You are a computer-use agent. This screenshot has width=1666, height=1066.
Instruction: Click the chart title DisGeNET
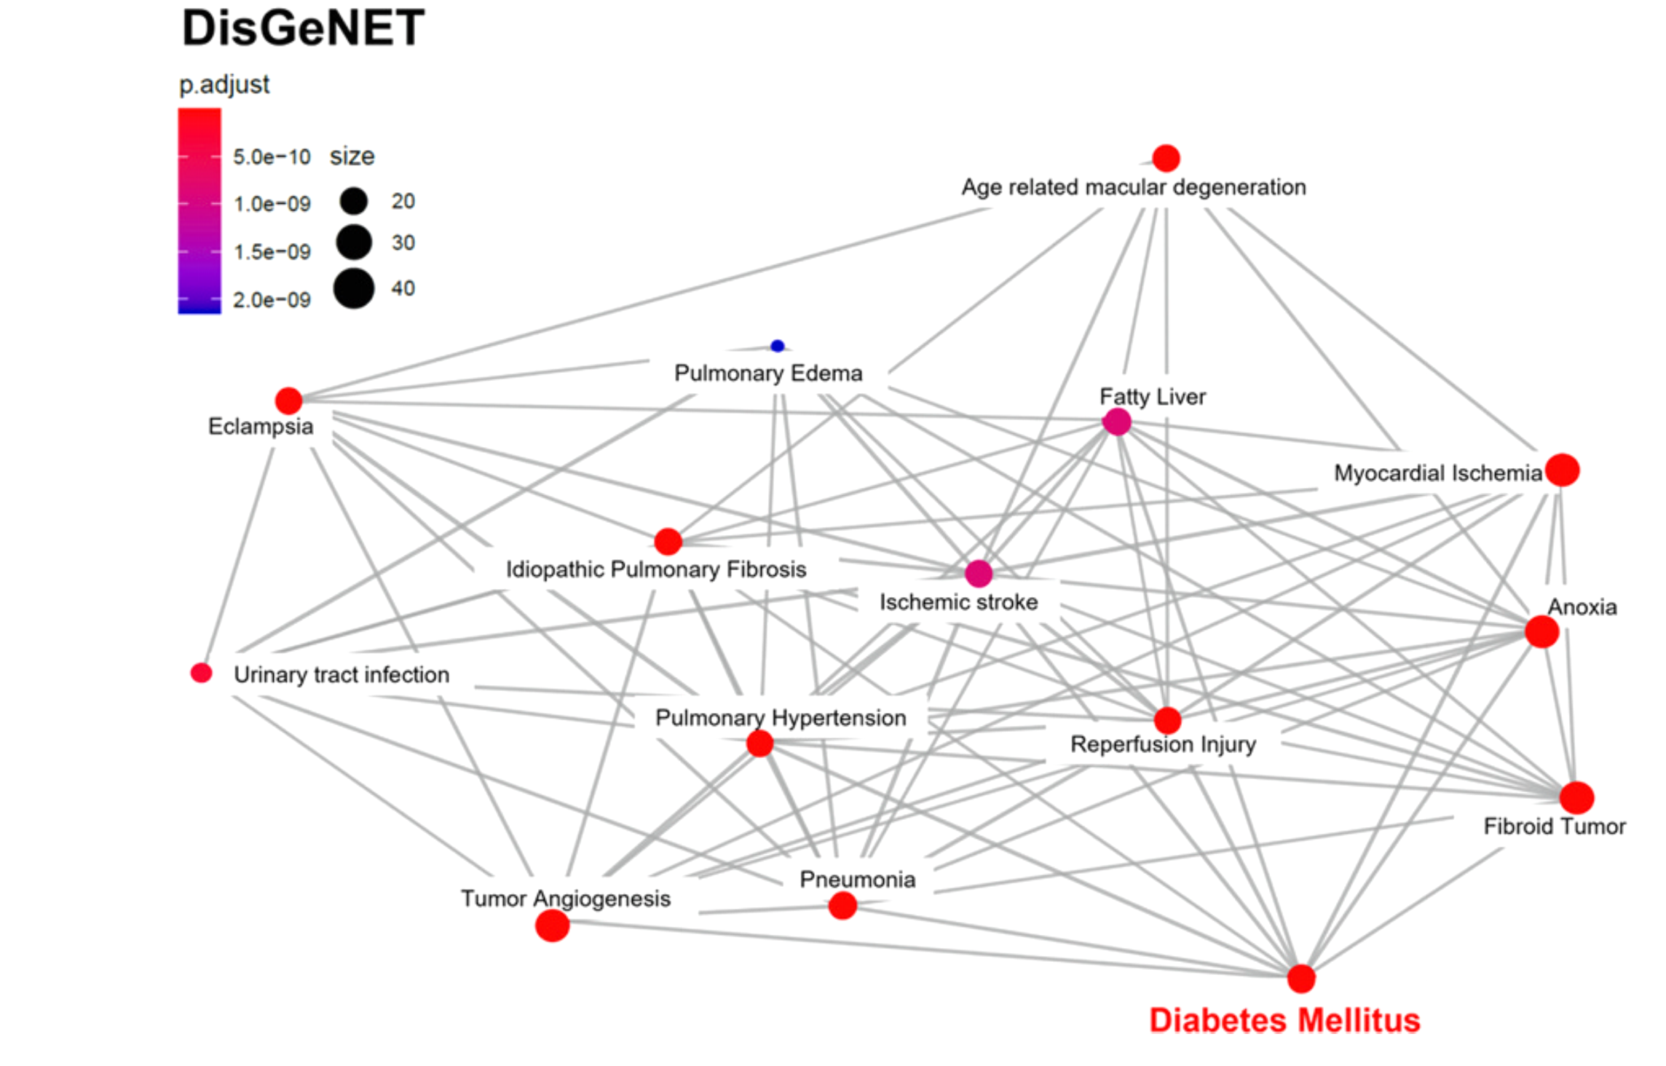click(x=303, y=29)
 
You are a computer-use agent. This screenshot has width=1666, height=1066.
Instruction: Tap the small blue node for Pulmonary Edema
click(x=777, y=346)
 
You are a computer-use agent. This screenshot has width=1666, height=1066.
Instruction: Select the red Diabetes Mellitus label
click(x=1284, y=1020)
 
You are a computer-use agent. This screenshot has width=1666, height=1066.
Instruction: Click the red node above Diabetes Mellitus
click(x=1300, y=979)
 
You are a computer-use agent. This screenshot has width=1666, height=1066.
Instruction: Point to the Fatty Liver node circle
click(x=1117, y=422)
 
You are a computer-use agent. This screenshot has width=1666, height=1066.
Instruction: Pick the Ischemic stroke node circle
click(x=979, y=574)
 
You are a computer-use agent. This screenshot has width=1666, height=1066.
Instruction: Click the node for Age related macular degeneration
click(x=1166, y=158)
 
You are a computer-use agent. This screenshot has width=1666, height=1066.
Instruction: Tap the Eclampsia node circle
click(x=288, y=400)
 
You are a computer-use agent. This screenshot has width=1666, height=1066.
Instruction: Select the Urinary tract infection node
click(x=202, y=673)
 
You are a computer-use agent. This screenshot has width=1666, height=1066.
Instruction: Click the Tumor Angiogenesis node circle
click(x=552, y=925)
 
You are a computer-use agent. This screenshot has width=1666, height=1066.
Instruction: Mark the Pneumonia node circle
click(x=842, y=906)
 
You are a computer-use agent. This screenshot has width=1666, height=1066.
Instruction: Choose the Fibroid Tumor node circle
click(x=1576, y=798)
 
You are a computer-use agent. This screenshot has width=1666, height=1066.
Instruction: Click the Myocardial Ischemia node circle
click(x=1562, y=470)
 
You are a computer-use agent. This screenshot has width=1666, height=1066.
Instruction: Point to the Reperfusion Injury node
click(x=1167, y=720)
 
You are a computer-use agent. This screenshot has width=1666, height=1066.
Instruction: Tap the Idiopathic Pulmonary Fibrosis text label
click(x=656, y=569)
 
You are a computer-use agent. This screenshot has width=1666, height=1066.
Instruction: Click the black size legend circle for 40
click(x=354, y=288)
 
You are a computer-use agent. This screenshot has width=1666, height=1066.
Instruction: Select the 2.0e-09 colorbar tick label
click(x=272, y=300)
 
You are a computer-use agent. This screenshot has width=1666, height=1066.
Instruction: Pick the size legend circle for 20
click(x=354, y=201)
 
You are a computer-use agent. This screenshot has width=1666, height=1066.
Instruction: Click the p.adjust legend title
click(x=224, y=84)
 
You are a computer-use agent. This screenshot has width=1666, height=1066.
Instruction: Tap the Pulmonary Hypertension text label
click(x=781, y=718)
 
